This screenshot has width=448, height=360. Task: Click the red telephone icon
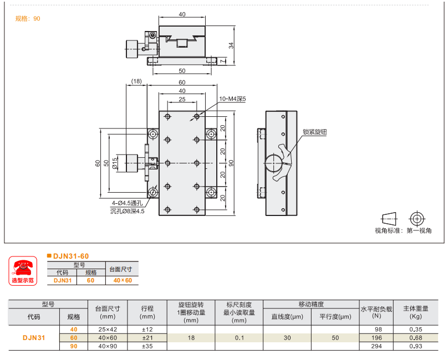coord(22,268)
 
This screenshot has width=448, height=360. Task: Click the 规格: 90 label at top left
coord(28,18)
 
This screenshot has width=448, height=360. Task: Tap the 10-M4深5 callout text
coord(232,99)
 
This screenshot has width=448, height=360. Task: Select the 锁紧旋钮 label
coord(314,132)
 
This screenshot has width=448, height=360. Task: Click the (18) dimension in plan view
coord(136,81)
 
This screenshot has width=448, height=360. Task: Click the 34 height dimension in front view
coord(231,45)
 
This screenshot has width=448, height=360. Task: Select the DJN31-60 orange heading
coord(70,256)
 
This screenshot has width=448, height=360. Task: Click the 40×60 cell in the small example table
coord(123,280)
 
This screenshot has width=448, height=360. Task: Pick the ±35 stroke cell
coord(147,347)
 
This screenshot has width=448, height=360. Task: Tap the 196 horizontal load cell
coord(376,338)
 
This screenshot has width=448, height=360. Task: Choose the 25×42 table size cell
coord(108,330)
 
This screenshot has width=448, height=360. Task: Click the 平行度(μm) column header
coord(335,317)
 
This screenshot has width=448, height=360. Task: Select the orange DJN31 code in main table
coord(34,338)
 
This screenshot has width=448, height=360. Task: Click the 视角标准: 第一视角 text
coord(403,230)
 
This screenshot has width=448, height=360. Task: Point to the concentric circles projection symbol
coord(416,218)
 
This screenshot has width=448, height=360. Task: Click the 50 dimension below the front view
coord(182,71)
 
